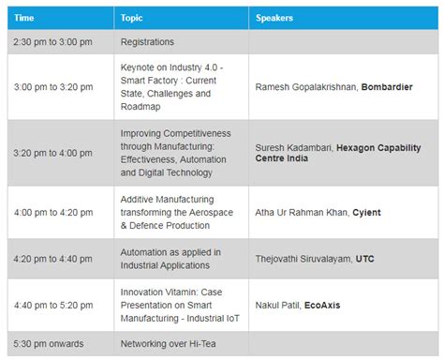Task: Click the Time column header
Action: pyautogui.click(x=26, y=18)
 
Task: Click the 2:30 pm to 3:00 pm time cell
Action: pyautogui.click(x=53, y=42)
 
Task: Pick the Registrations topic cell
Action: pyautogui.click(x=148, y=42)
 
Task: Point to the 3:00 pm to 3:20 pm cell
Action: pyautogui.click(x=53, y=87)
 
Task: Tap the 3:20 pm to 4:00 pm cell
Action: pyautogui.click(x=53, y=153)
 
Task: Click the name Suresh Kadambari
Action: pyautogui.click(x=295, y=147)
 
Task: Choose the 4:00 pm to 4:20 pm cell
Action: pyautogui.click(x=53, y=212)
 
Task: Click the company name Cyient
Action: pyautogui.click(x=366, y=212)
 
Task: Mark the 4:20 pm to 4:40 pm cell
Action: pyautogui.click(x=53, y=259)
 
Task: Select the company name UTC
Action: pyautogui.click(x=366, y=259)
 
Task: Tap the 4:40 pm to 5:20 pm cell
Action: pyautogui.click(x=53, y=305)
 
